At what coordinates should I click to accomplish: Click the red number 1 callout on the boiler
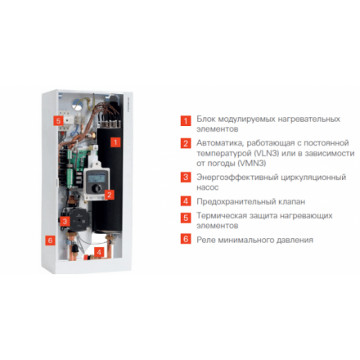115,142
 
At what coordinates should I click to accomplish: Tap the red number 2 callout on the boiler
110,195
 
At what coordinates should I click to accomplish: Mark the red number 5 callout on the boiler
58,120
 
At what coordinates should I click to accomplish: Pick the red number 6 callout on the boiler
50,241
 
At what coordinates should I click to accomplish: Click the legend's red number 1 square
187,120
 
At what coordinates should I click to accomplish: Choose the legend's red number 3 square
187,177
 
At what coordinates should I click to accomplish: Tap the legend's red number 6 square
187,240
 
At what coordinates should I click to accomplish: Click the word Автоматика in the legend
219,142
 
